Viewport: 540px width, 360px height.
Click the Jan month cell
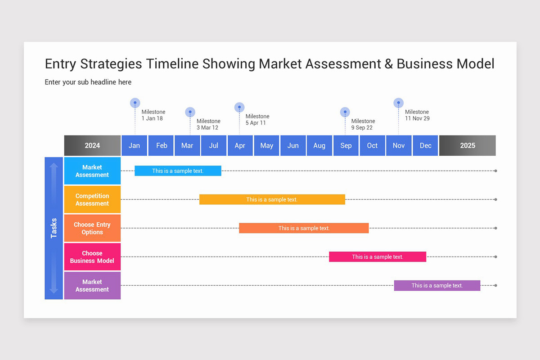[134, 145]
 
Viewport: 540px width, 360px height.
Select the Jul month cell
[214, 145]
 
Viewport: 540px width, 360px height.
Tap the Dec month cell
[425, 145]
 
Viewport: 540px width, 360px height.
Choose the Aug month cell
[319, 145]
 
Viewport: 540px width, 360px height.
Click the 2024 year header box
[92, 145]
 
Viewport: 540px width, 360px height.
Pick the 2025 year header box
[468, 145]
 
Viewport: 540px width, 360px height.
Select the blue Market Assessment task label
[92, 171]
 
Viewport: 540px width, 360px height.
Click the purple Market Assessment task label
[92, 286]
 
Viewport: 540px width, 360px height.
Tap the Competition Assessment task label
[92, 200]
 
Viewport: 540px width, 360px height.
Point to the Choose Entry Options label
[92, 228]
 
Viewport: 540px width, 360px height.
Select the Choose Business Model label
[92, 257]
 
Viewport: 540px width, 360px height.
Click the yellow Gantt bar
[272, 199]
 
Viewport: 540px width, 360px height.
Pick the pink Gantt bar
[378, 256]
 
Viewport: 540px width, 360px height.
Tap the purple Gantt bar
[437, 285]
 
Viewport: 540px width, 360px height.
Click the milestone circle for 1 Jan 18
[135, 103]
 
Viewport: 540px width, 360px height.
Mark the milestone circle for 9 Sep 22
[345, 112]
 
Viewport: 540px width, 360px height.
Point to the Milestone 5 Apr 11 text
[257, 120]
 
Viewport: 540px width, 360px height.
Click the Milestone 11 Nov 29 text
[417, 115]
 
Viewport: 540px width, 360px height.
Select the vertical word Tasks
[54, 228]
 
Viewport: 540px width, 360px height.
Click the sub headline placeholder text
[88, 82]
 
